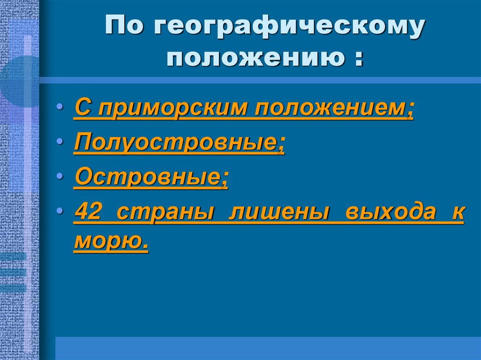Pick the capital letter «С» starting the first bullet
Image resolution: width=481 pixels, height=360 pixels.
(82, 108)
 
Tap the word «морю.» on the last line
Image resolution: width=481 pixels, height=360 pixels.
(111, 242)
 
